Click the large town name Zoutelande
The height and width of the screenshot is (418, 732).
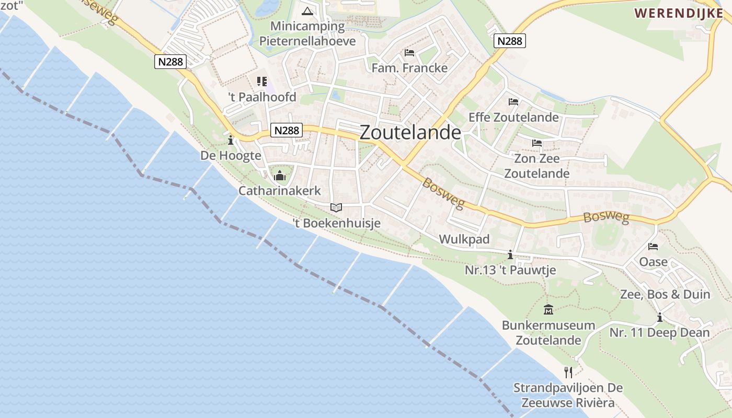click(x=410, y=133)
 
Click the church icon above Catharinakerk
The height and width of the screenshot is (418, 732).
click(x=280, y=175)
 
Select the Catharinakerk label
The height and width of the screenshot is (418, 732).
click(x=280, y=191)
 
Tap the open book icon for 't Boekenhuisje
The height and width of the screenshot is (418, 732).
click(x=336, y=207)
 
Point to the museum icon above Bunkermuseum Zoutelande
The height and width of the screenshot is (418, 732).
click(x=548, y=309)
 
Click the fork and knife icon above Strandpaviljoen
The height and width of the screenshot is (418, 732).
click(x=568, y=372)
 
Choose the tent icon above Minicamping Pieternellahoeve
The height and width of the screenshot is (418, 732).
click(x=307, y=11)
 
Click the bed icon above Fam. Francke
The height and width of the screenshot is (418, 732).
click(x=409, y=53)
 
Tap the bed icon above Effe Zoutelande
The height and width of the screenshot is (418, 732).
click(x=513, y=102)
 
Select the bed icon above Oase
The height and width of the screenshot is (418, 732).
click(x=653, y=247)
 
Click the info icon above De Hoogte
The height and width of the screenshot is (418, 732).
click(x=231, y=140)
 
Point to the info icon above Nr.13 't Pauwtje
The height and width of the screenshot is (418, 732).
click(x=510, y=255)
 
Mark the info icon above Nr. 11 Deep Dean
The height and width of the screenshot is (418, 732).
click(x=660, y=317)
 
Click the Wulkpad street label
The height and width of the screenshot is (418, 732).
click(x=464, y=239)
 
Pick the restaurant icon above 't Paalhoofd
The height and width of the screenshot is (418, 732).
click(x=262, y=82)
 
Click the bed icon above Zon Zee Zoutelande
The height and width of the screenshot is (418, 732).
click(x=537, y=143)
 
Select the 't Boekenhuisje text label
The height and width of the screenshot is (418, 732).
click(x=336, y=223)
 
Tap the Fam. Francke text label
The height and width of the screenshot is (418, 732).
click(x=409, y=68)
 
